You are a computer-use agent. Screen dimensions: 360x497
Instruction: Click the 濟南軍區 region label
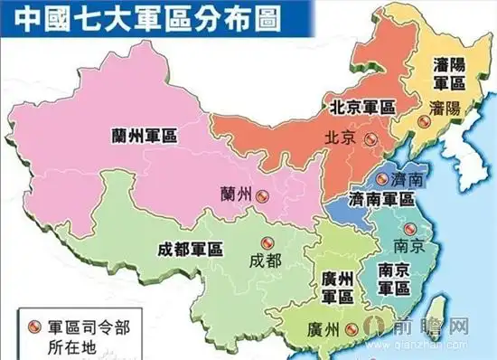381,200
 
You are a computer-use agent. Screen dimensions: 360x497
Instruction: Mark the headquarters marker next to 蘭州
261,194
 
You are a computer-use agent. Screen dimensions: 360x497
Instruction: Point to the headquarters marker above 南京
408,229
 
